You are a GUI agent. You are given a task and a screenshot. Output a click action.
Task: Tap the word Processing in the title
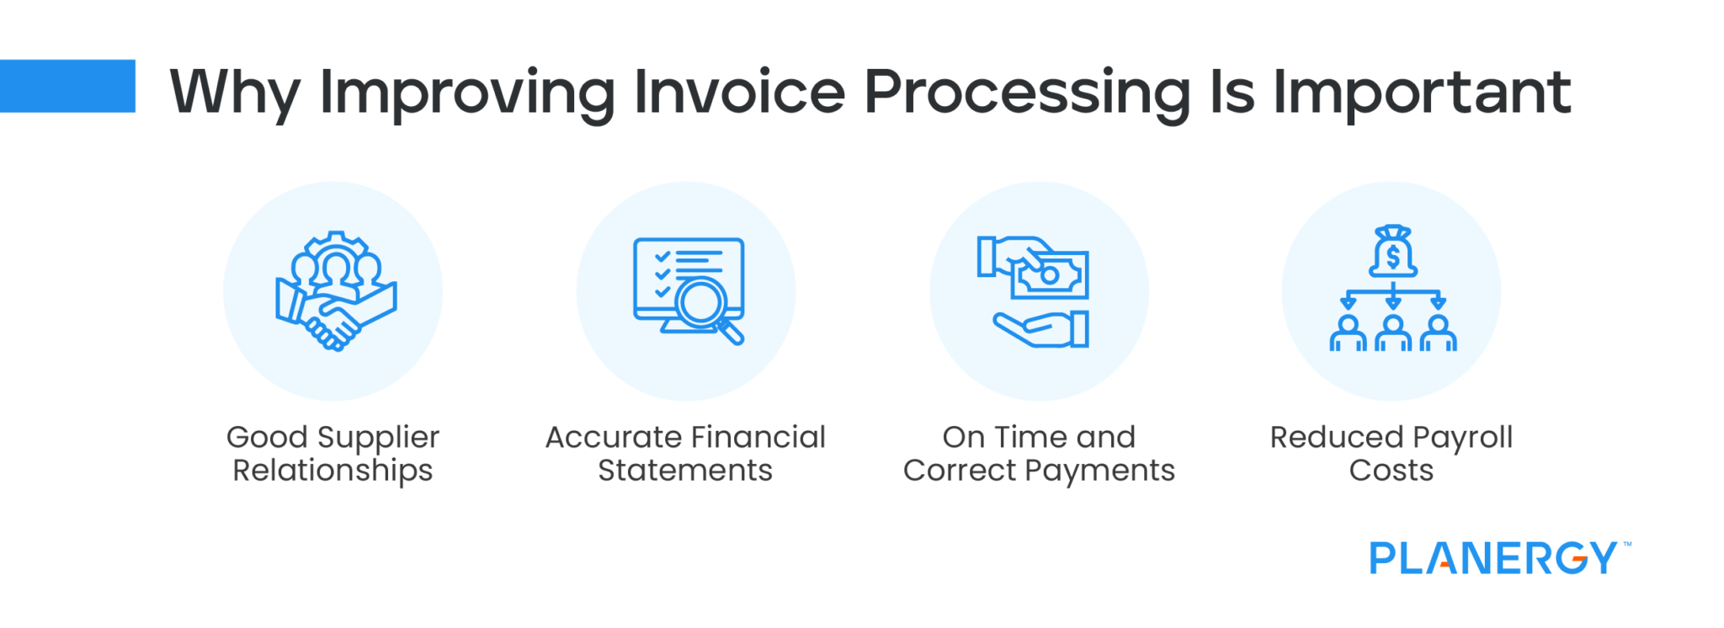(1027, 93)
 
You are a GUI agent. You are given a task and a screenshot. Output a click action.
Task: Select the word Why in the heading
(235, 93)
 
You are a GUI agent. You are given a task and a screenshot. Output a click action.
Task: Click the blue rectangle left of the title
(67, 86)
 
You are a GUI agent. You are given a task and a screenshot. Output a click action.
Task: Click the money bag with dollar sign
(1392, 252)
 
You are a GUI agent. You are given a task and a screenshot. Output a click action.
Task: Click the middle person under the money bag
(1392, 333)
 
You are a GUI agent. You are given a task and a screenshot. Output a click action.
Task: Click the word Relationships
(333, 470)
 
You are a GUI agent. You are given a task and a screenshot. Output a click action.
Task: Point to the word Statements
(685, 470)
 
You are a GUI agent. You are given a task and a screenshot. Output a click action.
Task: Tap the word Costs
(1391, 470)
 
